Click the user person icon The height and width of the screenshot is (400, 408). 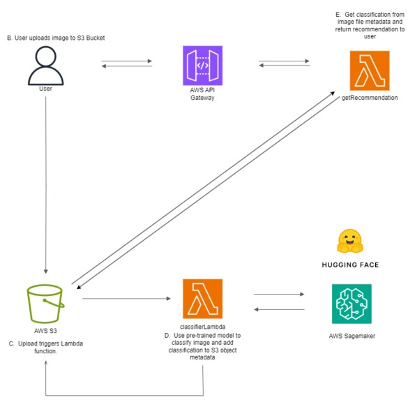click(x=46, y=66)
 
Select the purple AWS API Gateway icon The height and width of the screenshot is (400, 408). click(x=202, y=66)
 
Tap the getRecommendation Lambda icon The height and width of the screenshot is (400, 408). click(x=370, y=71)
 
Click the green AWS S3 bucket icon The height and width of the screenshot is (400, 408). click(x=45, y=304)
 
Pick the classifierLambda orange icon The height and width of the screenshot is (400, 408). click(x=202, y=299)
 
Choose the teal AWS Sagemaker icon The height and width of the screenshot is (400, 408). click(x=352, y=304)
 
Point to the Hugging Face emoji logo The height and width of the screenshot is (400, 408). click(x=350, y=241)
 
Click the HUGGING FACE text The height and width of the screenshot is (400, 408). click(x=350, y=265)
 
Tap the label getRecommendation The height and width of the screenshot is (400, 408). click(x=370, y=98)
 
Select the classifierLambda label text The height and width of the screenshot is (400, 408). click(x=202, y=327)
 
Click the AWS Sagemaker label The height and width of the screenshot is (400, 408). click(x=352, y=336)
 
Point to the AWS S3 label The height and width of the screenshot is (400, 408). click(x=45, y=331)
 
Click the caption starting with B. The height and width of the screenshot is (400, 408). click(x=56, y=38)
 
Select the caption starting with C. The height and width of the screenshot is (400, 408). click(x=46, y=347)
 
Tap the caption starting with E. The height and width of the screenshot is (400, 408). click(x=370, y=25)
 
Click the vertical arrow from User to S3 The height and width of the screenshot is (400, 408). click(x=46, y=185)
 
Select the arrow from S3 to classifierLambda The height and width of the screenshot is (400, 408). click(x=126, y=299)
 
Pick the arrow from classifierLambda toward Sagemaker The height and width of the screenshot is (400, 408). click(x=279, y=294)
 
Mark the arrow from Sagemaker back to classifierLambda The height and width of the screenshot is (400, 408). click(x=279, y=309)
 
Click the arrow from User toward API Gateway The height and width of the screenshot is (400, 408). click(x=126, y=61)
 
